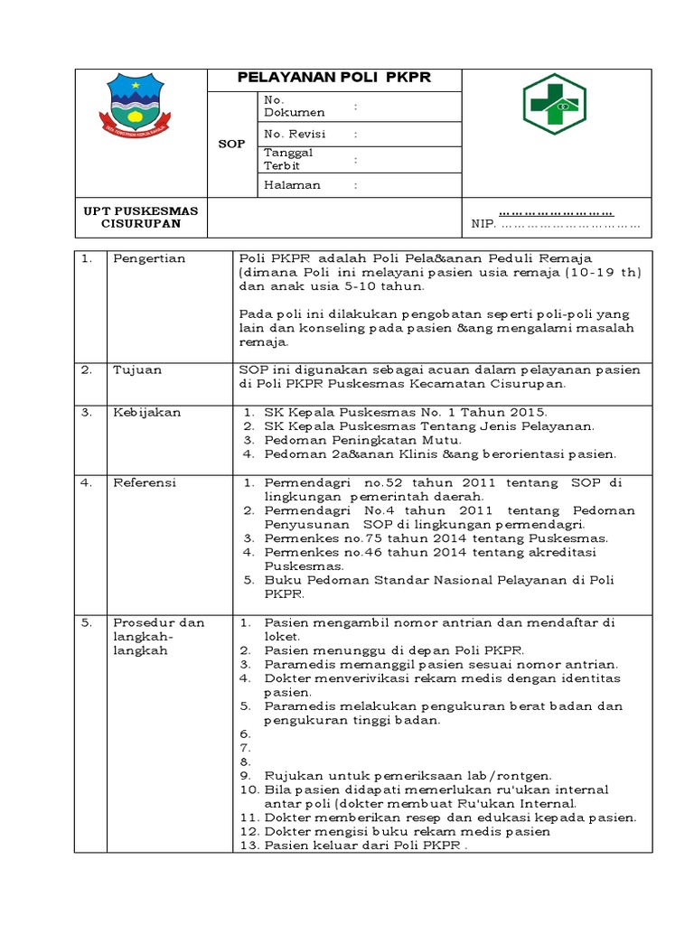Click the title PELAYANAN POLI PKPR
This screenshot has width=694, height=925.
tap(333, 78)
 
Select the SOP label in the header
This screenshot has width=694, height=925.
tap(231, 144)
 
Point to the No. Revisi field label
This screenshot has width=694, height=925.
tap(295, 134)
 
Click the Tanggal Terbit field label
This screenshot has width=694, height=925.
tap(288, 159)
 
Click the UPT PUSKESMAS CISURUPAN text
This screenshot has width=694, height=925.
tap(140, 217)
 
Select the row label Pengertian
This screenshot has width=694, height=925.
tap(149, 259)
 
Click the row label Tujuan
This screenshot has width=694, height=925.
tap(136, 369)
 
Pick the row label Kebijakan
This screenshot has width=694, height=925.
tap(146, 413)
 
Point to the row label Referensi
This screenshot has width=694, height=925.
tap(145, 483)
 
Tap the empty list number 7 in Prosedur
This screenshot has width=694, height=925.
tap(244, 749)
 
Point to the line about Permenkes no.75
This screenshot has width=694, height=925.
tap(436, 538)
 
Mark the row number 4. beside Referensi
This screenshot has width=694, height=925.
tap(87, 483)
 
